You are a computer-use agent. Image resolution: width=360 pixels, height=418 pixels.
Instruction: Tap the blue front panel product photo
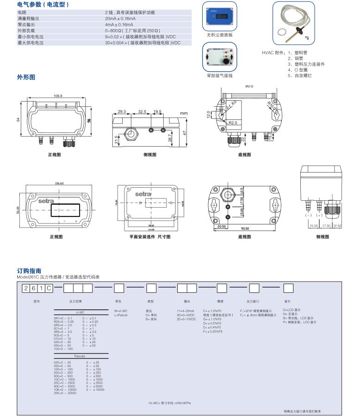click(220, 17)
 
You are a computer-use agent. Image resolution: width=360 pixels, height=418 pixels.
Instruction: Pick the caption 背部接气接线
click(220, 75)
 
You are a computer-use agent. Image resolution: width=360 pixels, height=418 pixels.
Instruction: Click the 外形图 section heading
click(26, 77)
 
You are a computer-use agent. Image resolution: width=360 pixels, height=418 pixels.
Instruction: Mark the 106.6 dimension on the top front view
click(58, 96)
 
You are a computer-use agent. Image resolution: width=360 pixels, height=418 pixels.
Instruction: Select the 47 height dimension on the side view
click(184, 133)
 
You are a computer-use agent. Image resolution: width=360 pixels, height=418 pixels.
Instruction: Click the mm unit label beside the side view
click(184, 113)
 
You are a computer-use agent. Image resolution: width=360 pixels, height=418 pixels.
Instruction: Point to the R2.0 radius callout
click(233, 123)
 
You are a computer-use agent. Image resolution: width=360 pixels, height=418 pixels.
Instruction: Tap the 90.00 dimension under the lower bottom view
click(244, 228)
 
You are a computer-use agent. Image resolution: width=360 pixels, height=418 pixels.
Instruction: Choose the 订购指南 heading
click(29, 271)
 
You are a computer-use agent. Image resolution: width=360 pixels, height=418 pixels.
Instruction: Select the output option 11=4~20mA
click(186, 311)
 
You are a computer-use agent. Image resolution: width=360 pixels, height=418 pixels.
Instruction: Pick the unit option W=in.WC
click(121, 311)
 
